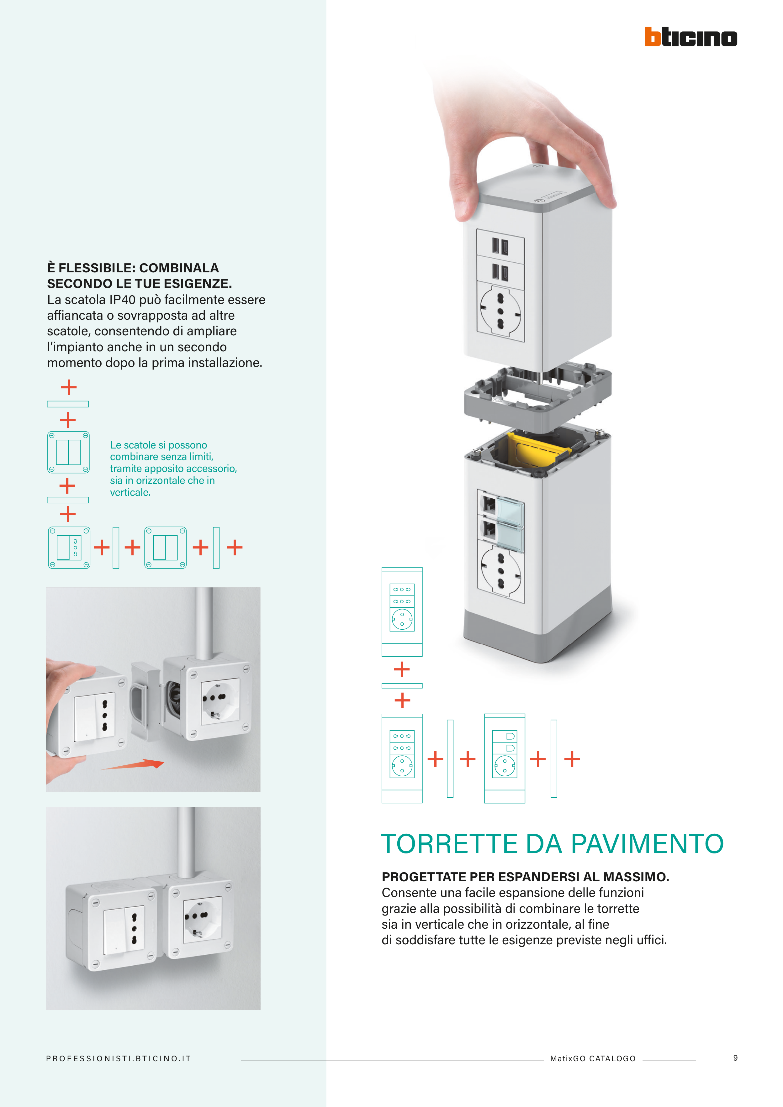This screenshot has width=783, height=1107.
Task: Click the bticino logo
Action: (691, 37)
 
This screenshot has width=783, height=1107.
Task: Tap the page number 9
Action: (735, 1058)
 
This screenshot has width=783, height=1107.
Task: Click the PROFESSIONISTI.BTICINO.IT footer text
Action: (119, 1058)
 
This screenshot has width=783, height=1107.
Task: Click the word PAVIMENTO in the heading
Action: (648, 844)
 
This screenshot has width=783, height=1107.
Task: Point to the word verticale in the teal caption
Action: (130, 492)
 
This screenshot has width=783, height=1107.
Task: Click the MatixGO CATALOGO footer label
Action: (593, 1058)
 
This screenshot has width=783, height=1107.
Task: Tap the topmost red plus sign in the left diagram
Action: (68, 387)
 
